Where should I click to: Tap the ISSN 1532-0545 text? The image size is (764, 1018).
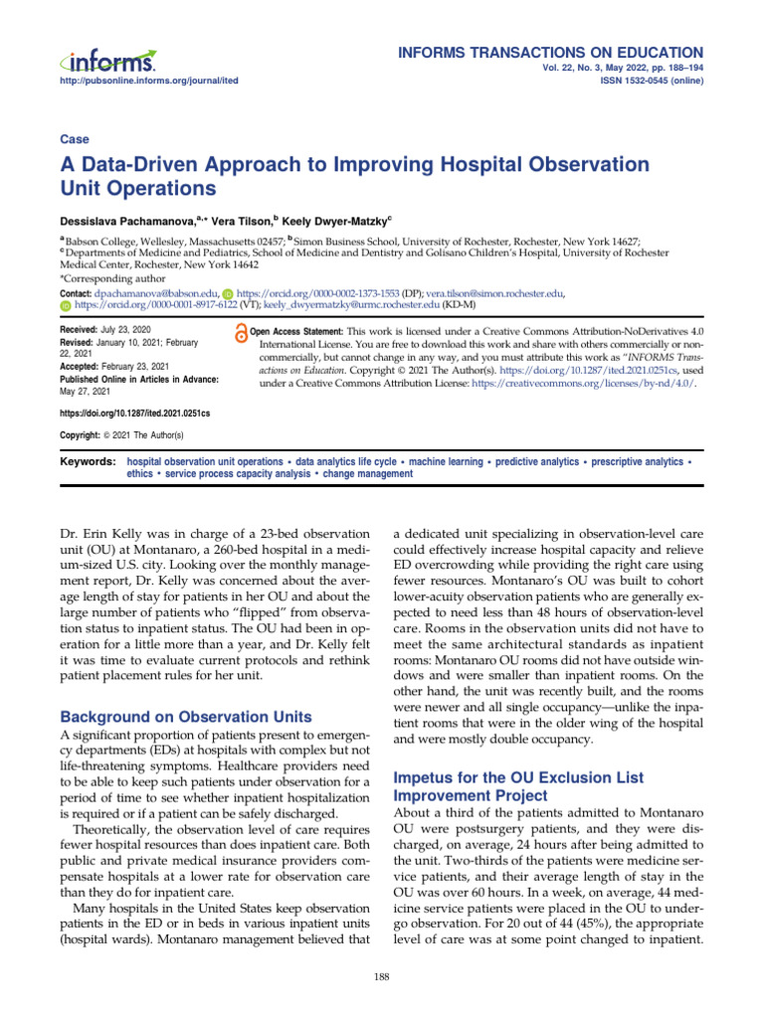click(654, 81)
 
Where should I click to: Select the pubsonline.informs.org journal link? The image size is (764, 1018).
click(149, 81)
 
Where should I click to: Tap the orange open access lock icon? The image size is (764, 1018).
click(239, 335)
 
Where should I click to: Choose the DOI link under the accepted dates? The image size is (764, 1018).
click(135, 412)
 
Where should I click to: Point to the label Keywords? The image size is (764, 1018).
click(88, 462)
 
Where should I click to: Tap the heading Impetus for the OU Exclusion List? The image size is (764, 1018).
click(518, 776)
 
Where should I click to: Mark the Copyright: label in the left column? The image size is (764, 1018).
click(85, 435)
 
